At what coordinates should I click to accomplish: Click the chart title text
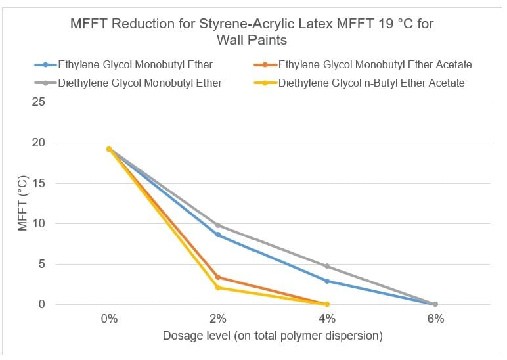(252, 32)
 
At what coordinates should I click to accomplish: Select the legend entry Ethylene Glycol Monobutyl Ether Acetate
(375, 65)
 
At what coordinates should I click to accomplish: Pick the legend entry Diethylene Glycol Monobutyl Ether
(139, 83)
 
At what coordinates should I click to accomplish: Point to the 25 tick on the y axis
(40, 102)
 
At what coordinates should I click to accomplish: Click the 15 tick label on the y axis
(40, 183)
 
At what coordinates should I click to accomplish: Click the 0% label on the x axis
(109, 319)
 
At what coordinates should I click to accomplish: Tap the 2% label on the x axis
(218, 319)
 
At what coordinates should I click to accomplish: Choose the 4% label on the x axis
(327, 319)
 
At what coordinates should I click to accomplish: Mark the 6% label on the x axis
(435, 319)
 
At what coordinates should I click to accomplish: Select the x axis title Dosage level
(272, 336)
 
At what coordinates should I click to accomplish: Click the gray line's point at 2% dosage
(218, 225)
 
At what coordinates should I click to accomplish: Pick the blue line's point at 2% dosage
(218, 235)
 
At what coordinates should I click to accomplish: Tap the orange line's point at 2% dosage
(218, 277)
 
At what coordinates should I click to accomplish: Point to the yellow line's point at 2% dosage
(218, 288)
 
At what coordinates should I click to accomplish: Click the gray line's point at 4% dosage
(327, 266)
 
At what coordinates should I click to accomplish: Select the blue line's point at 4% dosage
(327, 281)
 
